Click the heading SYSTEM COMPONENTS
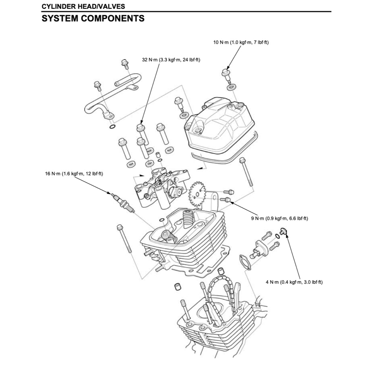(93, 18)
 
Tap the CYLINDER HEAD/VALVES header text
(83, 7)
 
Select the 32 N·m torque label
(172, 60)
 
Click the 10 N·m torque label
(241, 42)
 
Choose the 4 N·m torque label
(294, 282)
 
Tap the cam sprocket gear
(197, 195)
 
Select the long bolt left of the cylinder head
(123, 239)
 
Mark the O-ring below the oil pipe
(113, 127)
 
